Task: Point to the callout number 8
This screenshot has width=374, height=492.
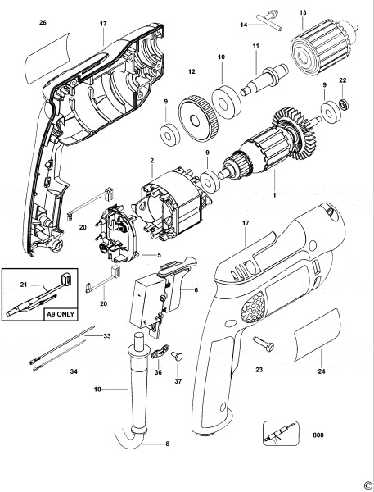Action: pos(168,444)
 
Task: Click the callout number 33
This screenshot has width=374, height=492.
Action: pos(107,335)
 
